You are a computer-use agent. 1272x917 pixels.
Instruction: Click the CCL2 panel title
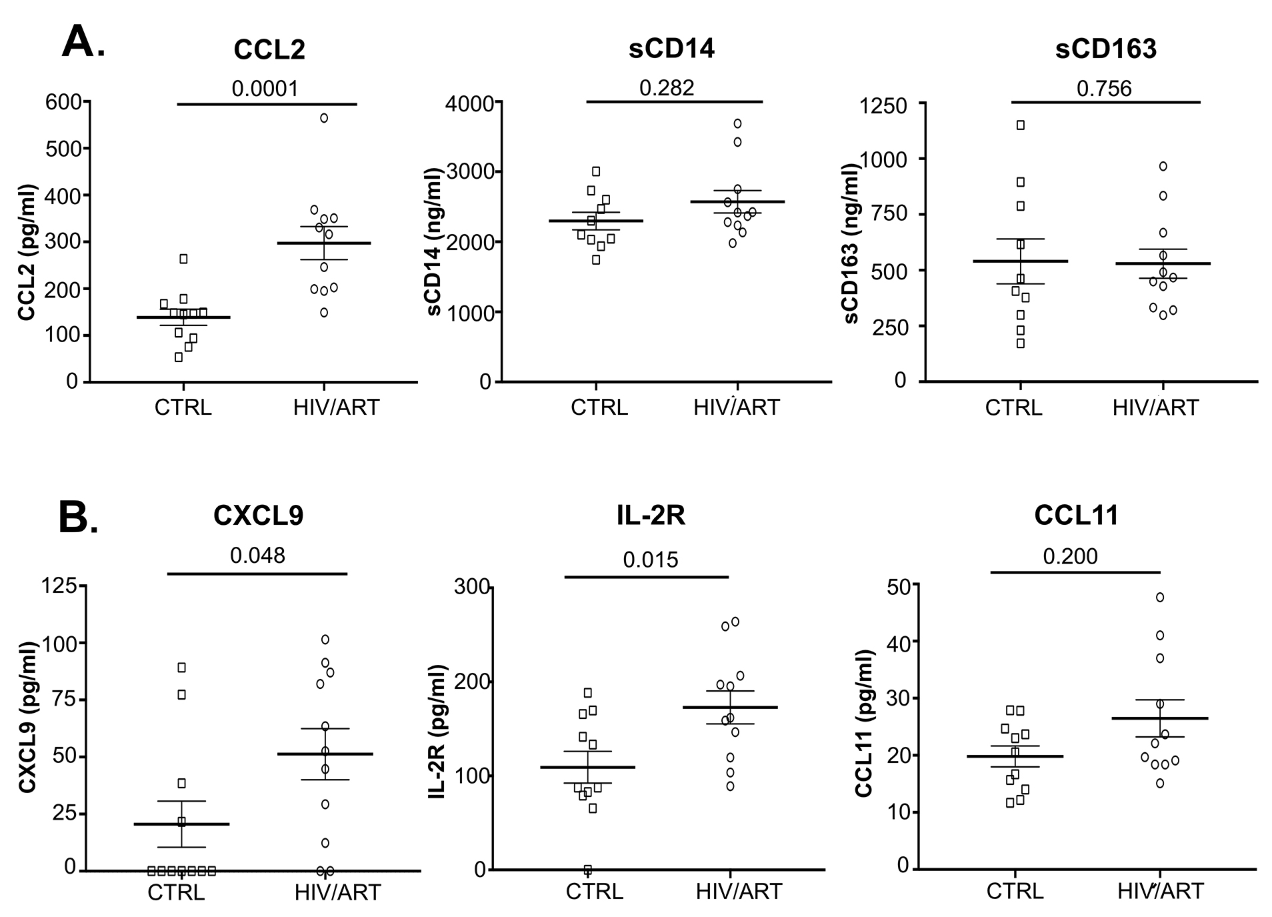pos(269,50)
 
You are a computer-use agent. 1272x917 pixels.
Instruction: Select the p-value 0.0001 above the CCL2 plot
pos(265,88)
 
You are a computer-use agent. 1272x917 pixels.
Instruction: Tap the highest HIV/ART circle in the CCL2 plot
pos(324,118)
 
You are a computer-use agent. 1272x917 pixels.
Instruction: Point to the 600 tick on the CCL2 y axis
pos(63,102)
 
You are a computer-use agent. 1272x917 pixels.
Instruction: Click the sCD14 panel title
pos(672,49)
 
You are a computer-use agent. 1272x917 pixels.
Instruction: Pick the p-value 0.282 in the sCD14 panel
pos(667,87)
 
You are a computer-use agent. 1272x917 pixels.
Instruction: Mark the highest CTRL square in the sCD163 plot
pos(1020,125)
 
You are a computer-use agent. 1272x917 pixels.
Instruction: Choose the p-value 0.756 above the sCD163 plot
pos(1104,88)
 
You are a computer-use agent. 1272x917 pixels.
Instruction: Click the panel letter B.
pos(78,518)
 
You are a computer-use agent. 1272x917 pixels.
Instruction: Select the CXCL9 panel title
pos(259,516)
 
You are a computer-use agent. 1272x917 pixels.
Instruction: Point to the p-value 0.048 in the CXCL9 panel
pos(257,555)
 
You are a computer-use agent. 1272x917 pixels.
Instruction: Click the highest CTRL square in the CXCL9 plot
pos(181,668)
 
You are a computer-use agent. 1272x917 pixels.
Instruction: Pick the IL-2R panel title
pos(651,516)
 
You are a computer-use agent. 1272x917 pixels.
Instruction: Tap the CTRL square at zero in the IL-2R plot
pos(588,870)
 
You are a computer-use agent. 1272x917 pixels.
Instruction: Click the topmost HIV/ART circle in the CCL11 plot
pos(1160,597)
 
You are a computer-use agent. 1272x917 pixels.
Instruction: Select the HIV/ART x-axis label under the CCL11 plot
pos(1161,891)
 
